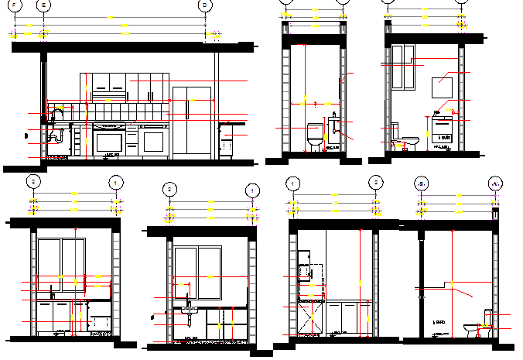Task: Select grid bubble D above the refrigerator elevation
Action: [205, 5]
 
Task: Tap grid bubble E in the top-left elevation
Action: [43, 5]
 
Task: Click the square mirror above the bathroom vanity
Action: [442, 85]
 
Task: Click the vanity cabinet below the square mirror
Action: [443, 133]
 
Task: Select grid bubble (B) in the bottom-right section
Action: [422, 183]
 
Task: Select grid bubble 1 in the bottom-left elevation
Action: [115, 182]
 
